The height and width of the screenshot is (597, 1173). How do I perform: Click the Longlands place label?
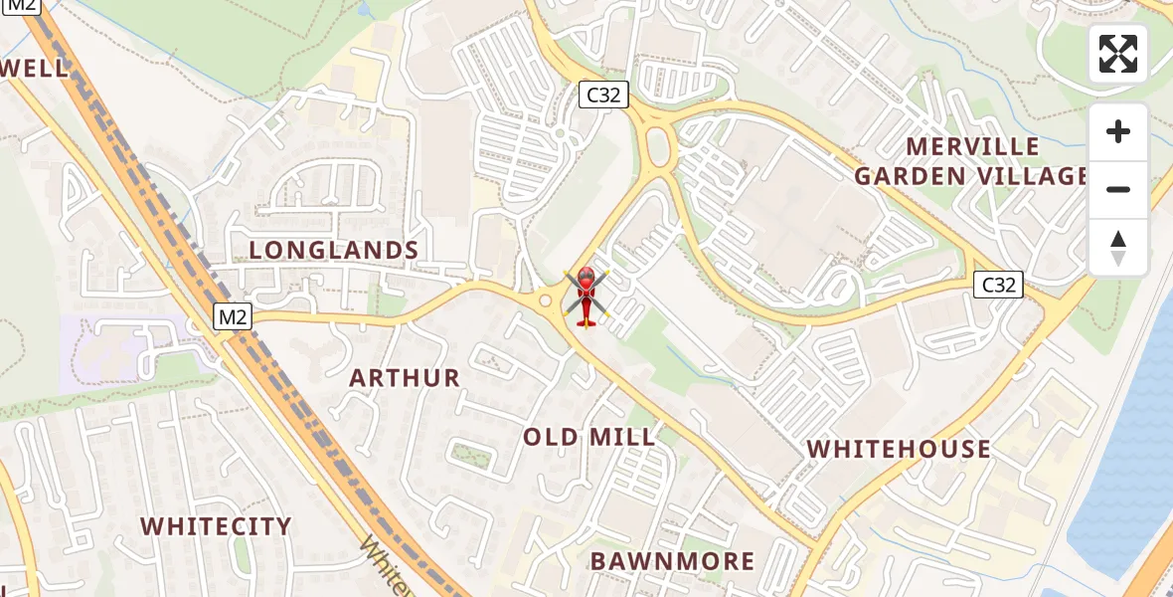click(334, 250)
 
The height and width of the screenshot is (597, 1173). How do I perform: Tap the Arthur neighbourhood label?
click(405, 378)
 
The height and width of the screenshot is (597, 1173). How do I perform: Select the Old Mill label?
click(589, 437)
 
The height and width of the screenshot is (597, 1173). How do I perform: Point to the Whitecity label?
click(216, 526)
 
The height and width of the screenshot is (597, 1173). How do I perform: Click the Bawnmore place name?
click(673, 561)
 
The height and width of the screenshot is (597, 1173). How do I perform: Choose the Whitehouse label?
click(899, 449)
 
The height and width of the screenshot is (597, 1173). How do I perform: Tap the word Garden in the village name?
click(910, 177)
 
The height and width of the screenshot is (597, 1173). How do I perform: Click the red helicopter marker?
click(586, 296)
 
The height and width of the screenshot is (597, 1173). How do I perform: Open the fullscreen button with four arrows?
click(1118, 54)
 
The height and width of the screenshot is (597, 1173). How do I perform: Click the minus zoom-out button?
click(1118, 189)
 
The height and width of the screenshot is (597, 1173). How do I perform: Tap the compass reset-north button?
click(1118, 248)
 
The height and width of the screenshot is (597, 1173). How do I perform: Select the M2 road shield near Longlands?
click(233, 316)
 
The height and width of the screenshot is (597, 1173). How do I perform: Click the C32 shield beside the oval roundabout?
click(604, 96)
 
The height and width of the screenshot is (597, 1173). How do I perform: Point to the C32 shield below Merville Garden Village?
click(998, 286)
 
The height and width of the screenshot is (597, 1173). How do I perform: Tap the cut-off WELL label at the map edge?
click(35, 69)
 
